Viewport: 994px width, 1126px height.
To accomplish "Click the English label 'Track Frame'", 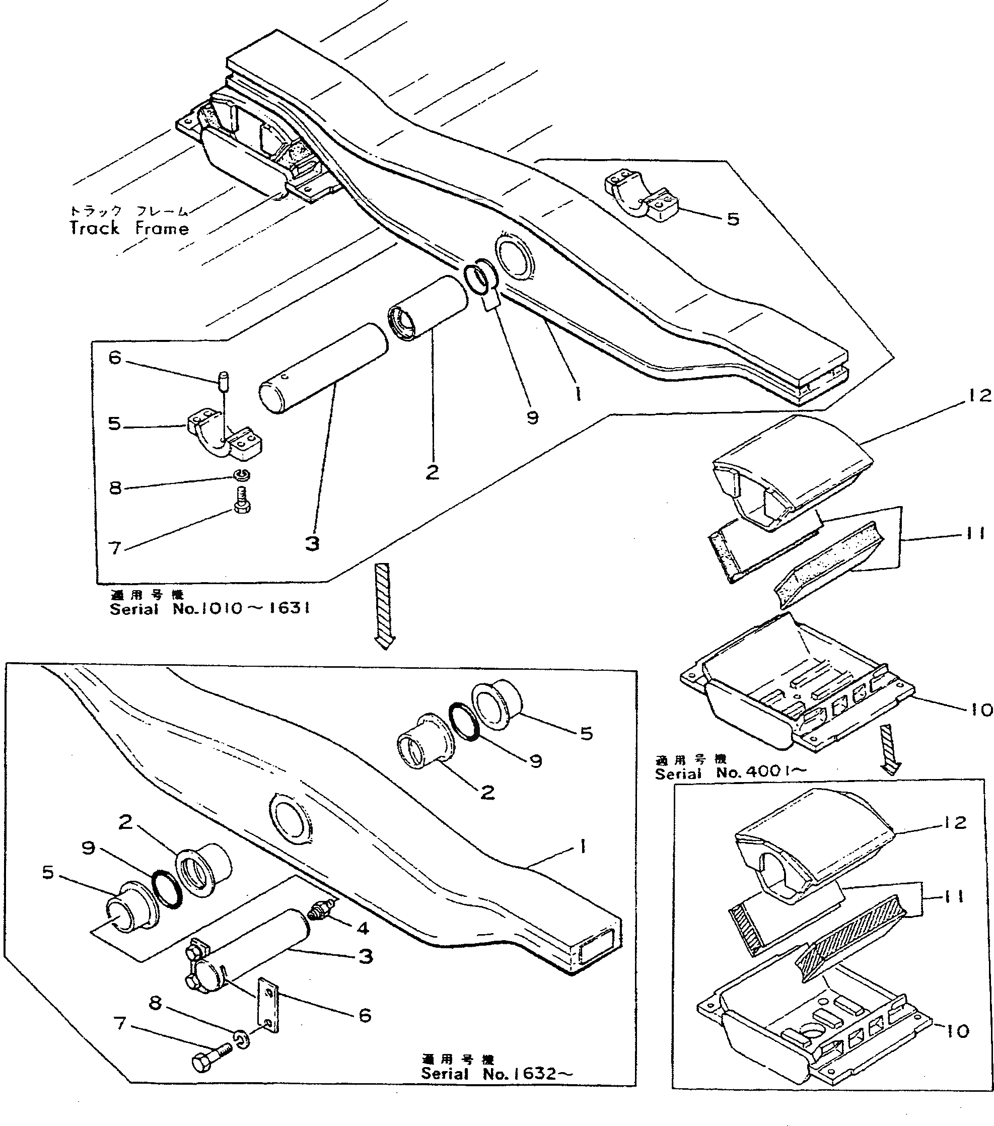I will coord(129,228).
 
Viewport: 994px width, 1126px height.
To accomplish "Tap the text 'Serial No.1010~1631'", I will coord(209,609).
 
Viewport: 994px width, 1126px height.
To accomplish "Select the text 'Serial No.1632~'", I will coord(496,1073).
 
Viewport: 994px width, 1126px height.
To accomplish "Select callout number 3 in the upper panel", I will coord(312,544).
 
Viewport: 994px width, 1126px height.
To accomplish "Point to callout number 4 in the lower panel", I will coord(363,928).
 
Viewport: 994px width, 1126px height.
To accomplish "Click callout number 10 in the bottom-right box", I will coord(958,1031).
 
